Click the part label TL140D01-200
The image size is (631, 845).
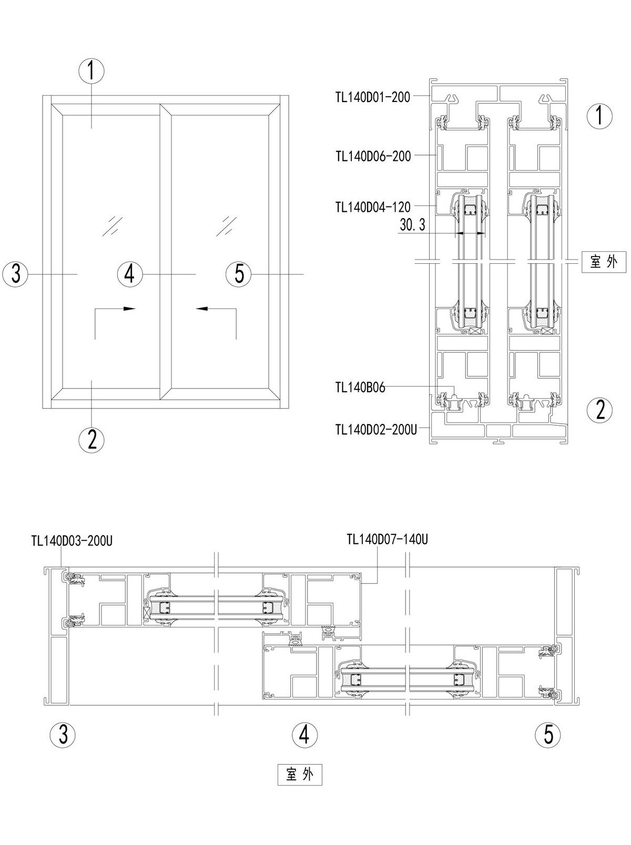(372, 97)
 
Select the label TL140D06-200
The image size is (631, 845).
(373, 156)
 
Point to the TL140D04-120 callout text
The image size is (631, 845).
(373, 207)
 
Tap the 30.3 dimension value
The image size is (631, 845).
(412, 225)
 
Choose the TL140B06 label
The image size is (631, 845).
(360, 388)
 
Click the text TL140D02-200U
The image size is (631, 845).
(376, 429)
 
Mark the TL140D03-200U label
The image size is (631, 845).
(72, 541)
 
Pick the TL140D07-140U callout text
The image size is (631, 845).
(387, 539)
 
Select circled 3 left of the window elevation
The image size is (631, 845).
(16, 274)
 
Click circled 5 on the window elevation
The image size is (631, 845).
(239, 274)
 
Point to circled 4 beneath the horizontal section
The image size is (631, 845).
(305, 734)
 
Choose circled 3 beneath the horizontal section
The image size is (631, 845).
(63, 734)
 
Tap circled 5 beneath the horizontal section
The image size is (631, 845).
(548, 734)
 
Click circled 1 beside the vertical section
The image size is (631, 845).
(600, 115)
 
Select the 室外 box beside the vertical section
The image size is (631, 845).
(604, 262)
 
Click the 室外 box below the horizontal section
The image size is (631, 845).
(299, 775)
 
